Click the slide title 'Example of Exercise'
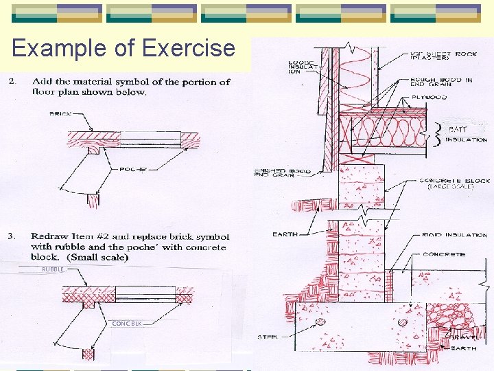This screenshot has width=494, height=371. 123,48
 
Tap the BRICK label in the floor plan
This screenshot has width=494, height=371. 60,114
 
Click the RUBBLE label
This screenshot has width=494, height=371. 53,269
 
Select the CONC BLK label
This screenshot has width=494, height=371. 127,323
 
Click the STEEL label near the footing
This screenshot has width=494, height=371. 267,337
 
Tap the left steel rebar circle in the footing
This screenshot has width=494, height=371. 319,322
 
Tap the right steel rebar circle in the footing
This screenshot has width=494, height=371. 403,322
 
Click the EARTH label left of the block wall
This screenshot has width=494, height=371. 285,234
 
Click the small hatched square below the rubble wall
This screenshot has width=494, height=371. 87,354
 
